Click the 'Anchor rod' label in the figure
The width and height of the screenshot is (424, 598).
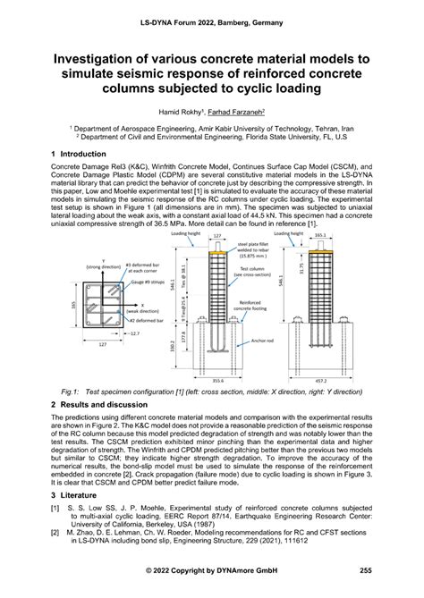(260, 336)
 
